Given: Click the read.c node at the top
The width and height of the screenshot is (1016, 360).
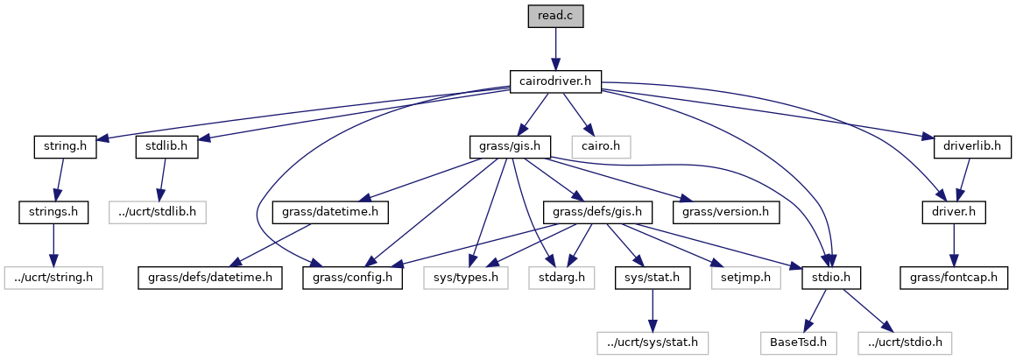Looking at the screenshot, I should [x=555, y=17].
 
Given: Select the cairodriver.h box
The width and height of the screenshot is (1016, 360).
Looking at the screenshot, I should [x=555, y=82].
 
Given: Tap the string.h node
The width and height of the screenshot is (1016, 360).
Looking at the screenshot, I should [x=64, y=146].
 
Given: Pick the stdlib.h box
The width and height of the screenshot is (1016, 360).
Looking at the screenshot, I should [x=166, y=146].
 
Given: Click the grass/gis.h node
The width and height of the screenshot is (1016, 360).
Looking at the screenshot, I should [x=510, y=146].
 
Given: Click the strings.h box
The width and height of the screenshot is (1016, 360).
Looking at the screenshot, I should [x=53, y=212].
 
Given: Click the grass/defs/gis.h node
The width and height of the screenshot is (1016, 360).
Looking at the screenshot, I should [x=598, y=212].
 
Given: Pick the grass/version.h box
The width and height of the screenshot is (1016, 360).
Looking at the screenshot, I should [x=726, y=212].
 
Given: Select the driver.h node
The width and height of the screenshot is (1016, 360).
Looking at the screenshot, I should [x=954, y=212].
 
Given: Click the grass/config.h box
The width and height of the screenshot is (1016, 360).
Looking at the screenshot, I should [x=353, y=278].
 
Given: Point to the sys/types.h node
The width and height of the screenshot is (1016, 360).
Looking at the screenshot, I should [x=466, y=278].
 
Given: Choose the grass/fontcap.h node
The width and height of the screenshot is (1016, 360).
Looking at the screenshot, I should [x=954, y=278].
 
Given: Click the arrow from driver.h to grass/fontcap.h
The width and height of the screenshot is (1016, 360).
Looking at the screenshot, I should [x=954, y=244].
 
